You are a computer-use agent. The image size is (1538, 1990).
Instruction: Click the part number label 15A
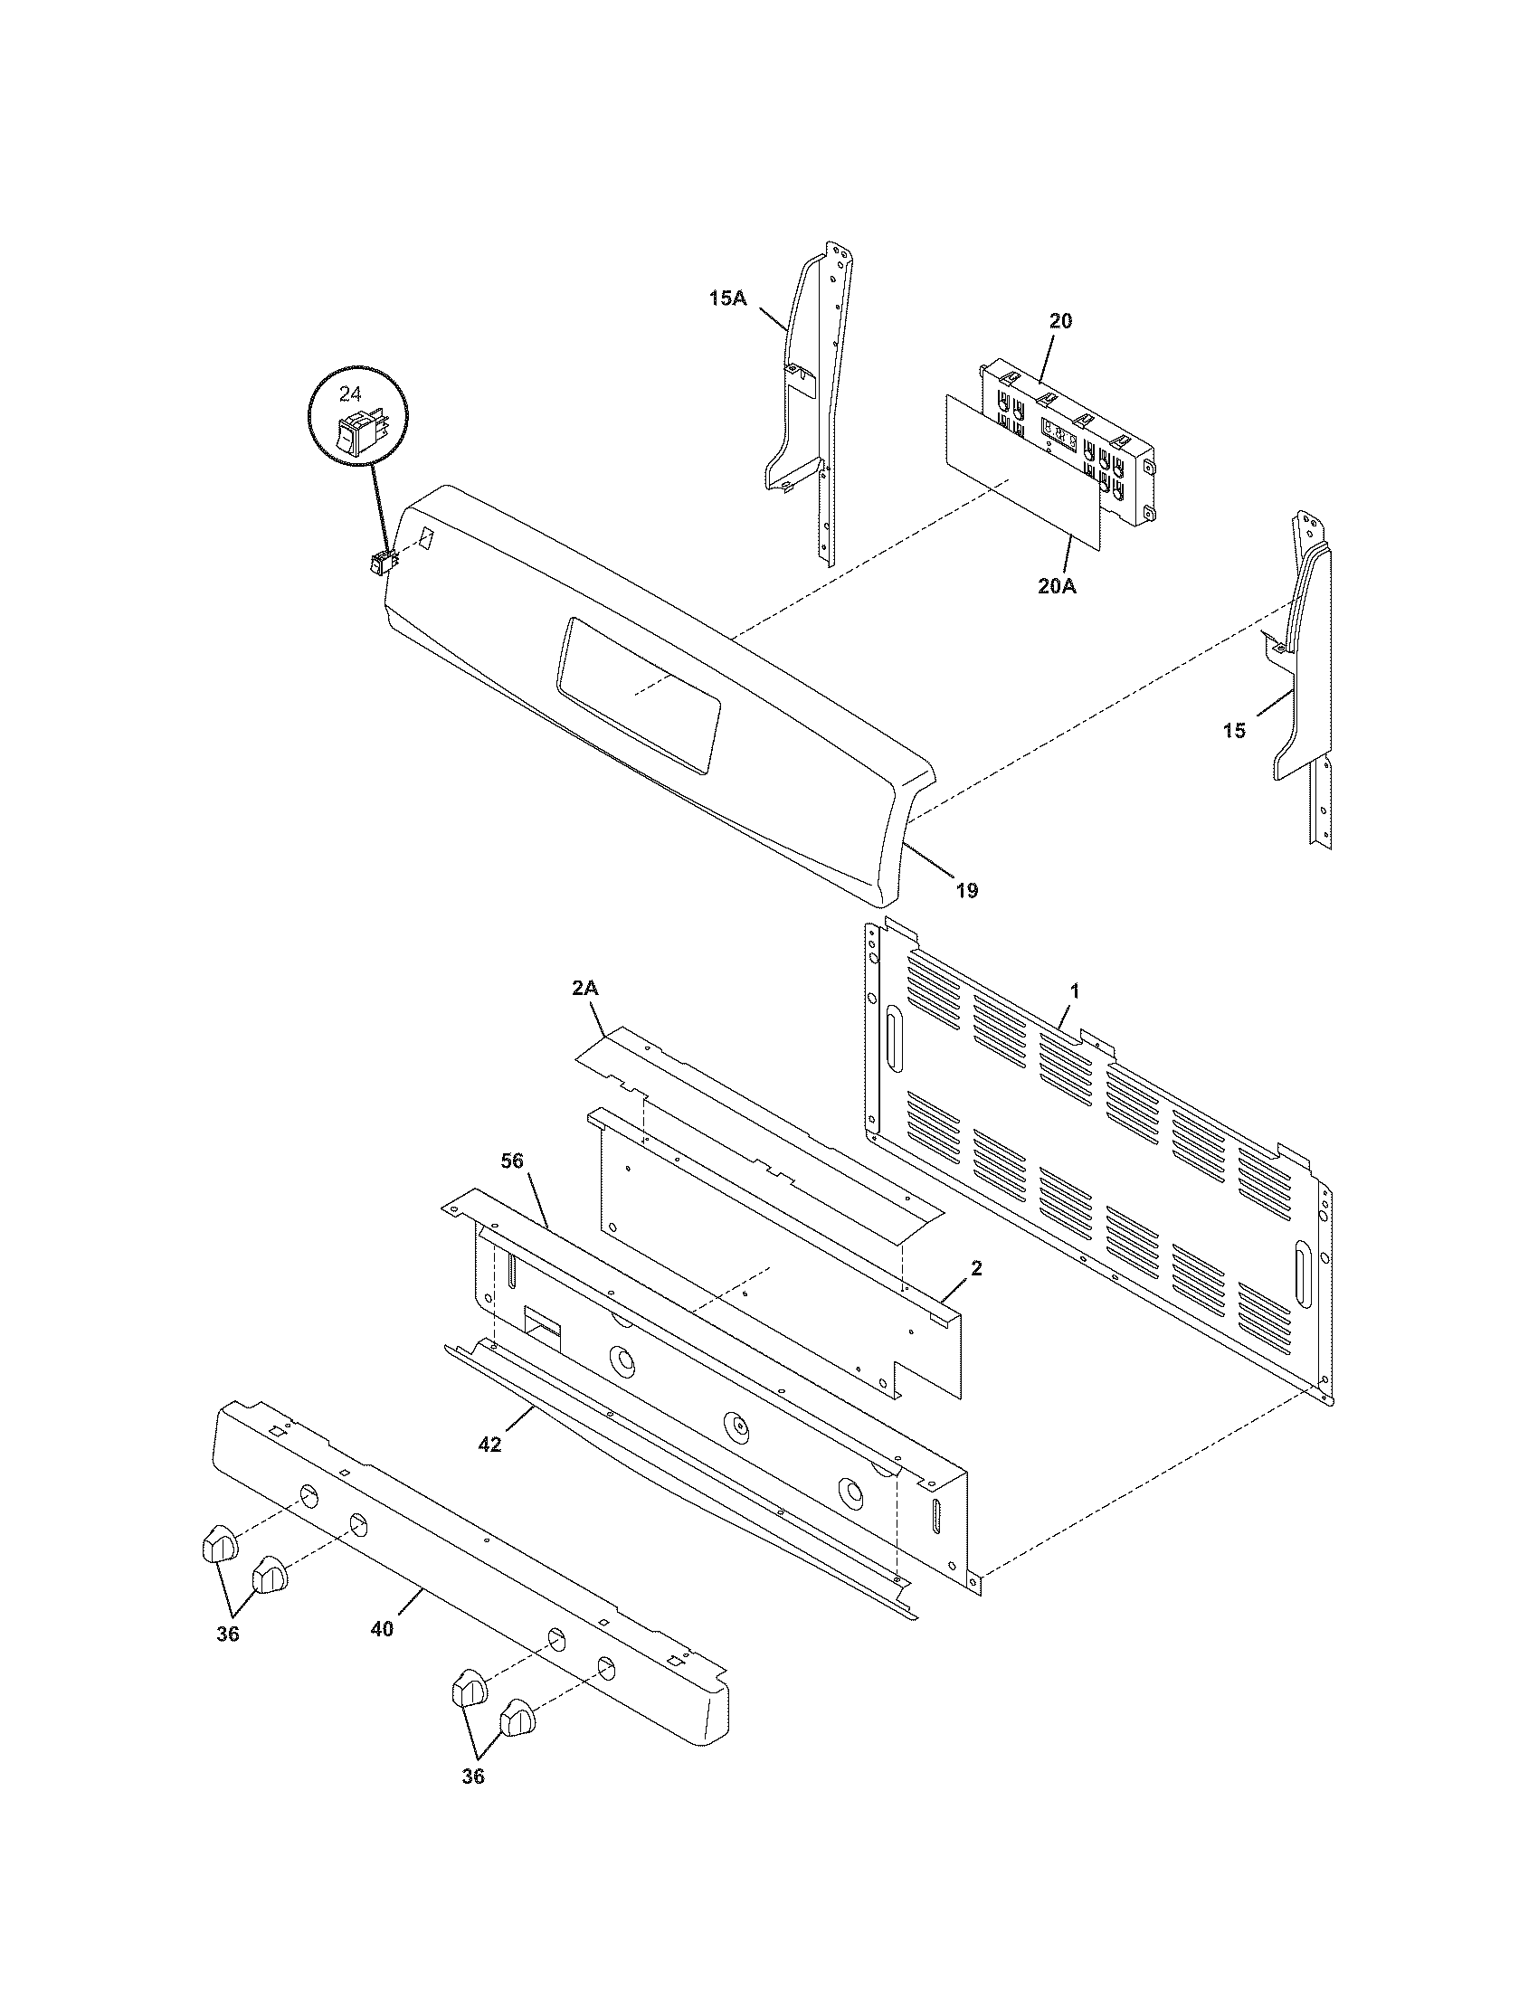727,297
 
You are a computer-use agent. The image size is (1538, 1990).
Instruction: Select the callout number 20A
1056,586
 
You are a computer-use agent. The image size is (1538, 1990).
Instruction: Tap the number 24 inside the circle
350,393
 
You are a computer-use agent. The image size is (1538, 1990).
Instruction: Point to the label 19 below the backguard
967,890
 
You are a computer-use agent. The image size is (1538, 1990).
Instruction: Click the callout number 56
514,1160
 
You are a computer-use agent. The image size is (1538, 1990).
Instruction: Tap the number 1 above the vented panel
1074,990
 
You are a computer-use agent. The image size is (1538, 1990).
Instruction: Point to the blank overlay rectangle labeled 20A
1021,474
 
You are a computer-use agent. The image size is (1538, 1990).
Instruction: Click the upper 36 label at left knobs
228,1634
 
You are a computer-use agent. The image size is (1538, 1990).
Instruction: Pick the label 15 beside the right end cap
1234,731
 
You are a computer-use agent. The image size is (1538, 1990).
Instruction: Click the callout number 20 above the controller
1060,321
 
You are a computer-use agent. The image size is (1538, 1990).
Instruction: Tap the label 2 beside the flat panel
976,1268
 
